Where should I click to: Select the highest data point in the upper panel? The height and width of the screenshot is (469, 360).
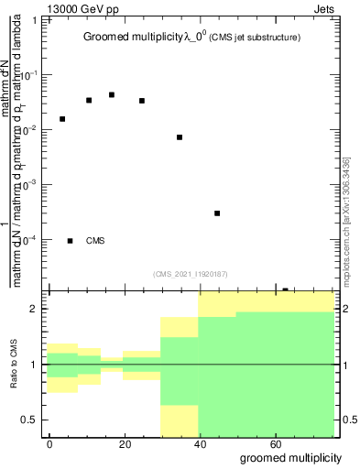(112, 94)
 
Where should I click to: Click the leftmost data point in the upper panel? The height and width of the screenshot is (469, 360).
(62, 119)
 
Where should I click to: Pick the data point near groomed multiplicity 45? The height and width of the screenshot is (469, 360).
(217, 213)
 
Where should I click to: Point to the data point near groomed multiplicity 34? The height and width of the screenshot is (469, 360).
(180, 137)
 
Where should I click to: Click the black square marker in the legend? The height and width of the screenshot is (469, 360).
(70, 241)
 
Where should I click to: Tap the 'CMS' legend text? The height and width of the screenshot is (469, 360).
(95, 241)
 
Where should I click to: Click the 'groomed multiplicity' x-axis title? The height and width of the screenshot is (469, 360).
(291, 456)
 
